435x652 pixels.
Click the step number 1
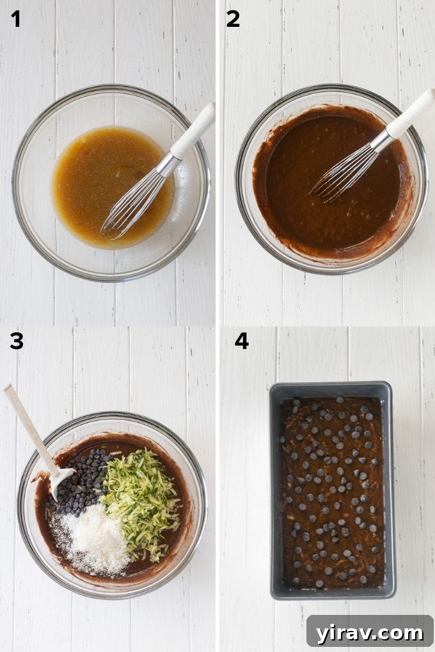tap(15, 20)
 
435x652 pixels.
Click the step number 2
tap(233, 20)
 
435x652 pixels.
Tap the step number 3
tap(16, 341)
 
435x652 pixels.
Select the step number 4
tap(241, 341)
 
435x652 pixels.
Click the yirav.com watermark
tap(370, 632)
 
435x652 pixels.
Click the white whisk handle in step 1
tap(193, 131)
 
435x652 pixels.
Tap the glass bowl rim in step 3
tap(112, 416)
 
